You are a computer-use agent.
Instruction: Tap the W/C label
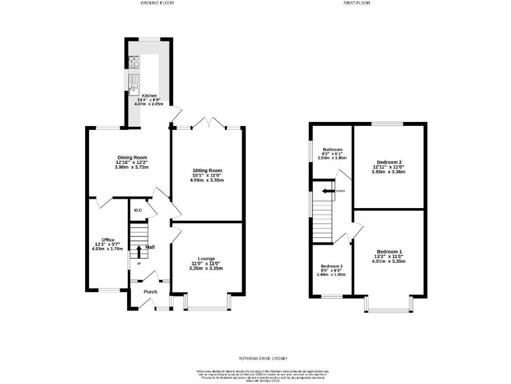coord(138,211)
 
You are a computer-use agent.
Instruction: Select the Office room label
coord(108,240)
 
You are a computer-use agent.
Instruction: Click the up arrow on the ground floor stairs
coord(139,251)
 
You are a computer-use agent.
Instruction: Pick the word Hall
coord(150,247)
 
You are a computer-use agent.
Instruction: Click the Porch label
coord(150,291)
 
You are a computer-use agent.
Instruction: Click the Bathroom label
coord(333,149)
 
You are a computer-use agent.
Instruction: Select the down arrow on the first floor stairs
coord(327,191)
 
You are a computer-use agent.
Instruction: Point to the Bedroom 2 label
coord(389,162)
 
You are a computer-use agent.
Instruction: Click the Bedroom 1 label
coord(389,251)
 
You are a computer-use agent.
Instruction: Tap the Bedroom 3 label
coord(331,265)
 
